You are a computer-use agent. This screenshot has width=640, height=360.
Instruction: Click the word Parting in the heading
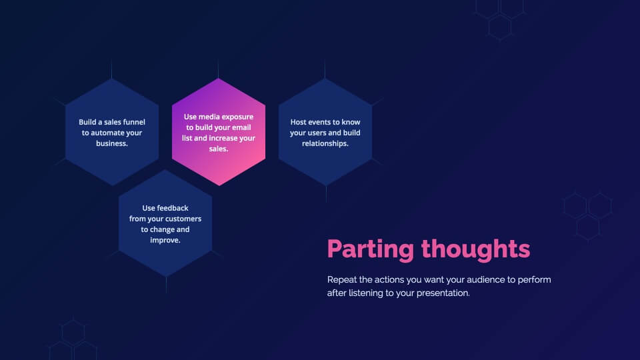point(371,249)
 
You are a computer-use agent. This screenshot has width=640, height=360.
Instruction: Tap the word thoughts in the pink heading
point(475,249)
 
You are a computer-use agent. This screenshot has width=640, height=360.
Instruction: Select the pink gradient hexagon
point(219,132)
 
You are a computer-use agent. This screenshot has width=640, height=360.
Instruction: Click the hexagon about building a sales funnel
point(112,132)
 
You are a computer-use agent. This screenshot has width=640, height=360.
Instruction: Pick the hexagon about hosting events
point(325,132)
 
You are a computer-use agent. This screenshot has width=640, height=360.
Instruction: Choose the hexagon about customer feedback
point(165,223)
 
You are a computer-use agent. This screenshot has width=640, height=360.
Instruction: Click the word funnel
point(134,122)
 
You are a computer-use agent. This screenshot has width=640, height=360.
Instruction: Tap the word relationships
point(325,143)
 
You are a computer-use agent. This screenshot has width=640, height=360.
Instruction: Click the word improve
point(165,241)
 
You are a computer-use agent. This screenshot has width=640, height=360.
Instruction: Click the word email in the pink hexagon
point(241,127)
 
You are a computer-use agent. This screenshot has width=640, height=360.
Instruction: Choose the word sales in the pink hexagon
point(219,149)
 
